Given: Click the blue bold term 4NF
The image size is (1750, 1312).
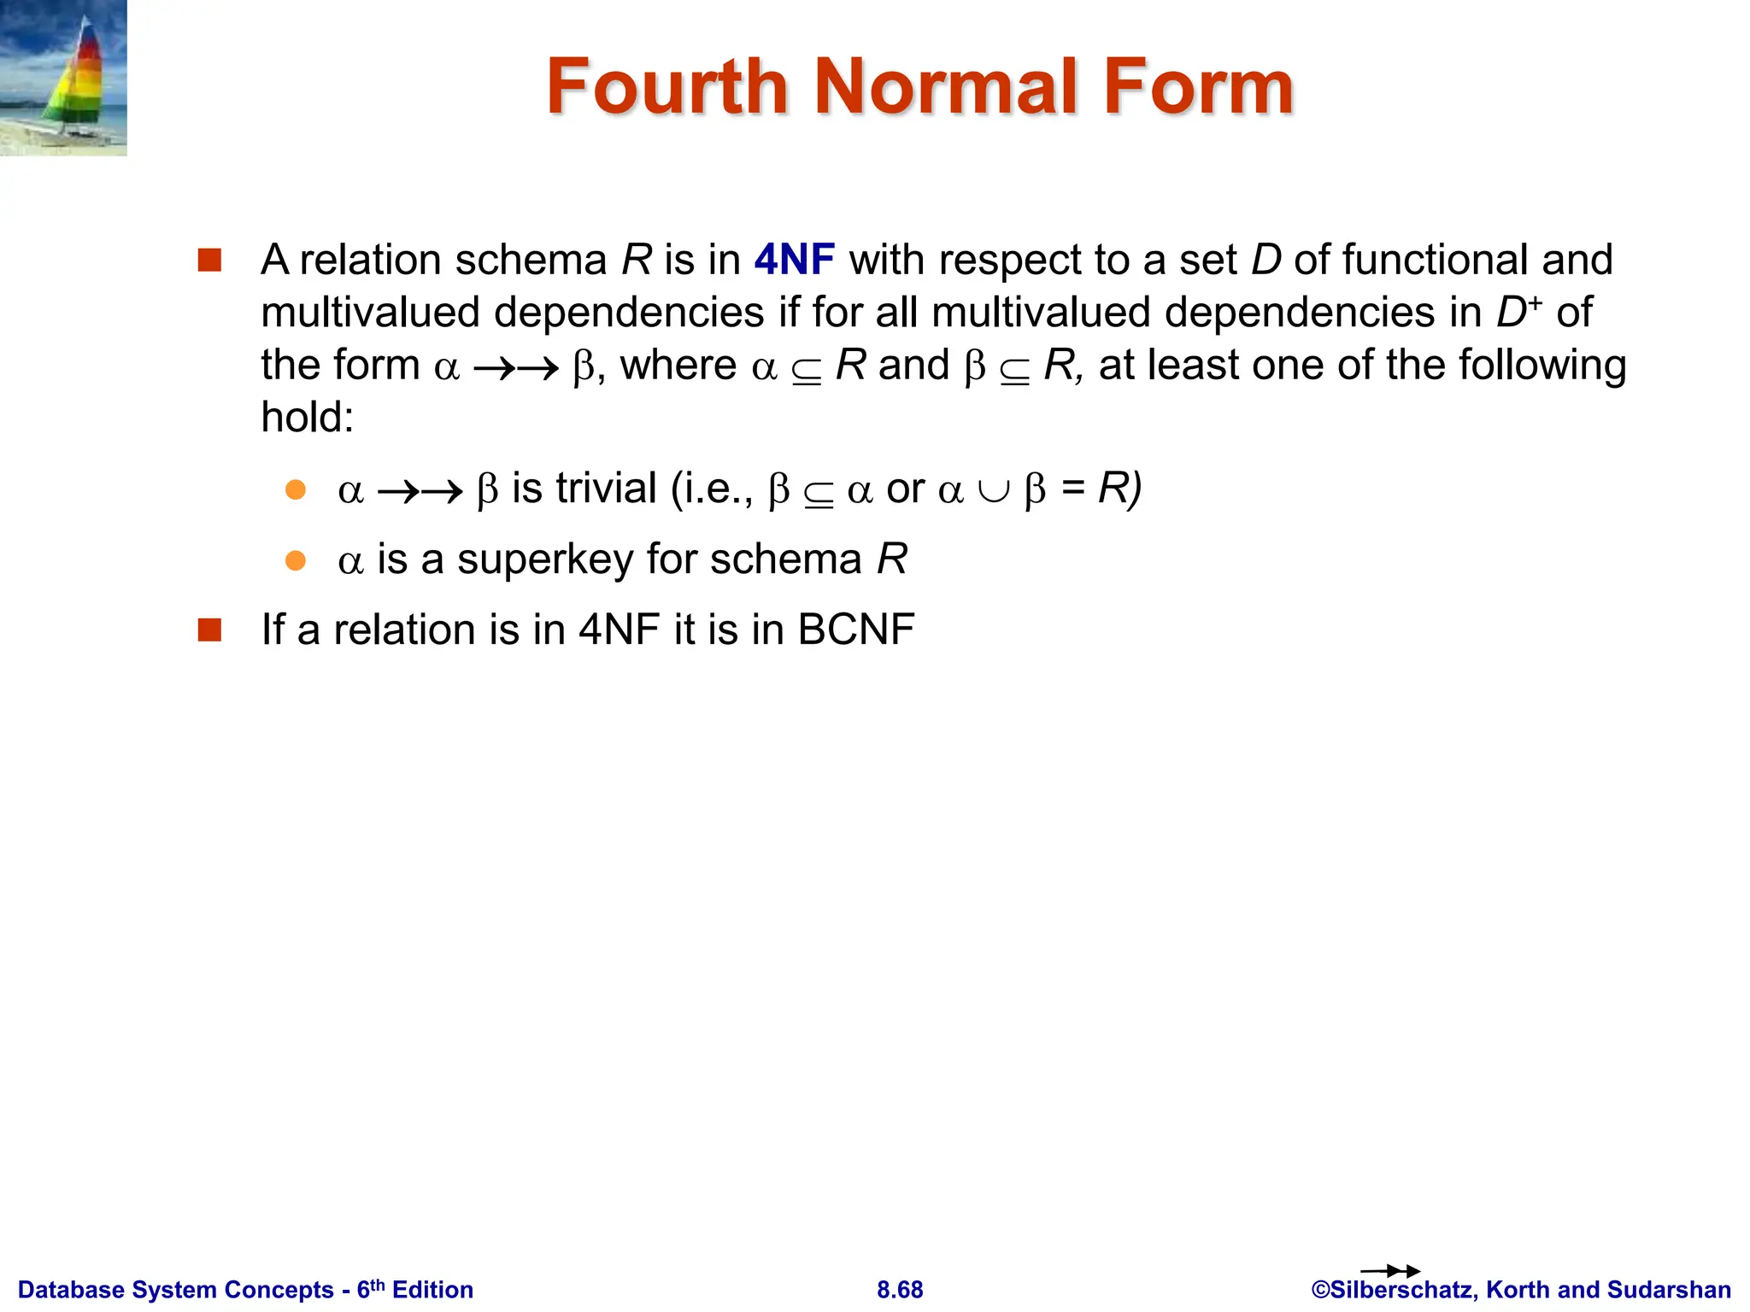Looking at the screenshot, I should coord(794,260).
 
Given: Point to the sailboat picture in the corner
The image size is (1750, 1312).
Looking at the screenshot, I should coord(63,78).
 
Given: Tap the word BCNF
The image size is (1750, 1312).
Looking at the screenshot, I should coord(856,630).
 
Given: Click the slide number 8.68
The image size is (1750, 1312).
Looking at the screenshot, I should coord(900,1290).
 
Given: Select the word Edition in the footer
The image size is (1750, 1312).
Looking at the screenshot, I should coord(432,1290).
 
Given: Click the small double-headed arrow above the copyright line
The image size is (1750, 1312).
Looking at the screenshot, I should coord(1389,1271).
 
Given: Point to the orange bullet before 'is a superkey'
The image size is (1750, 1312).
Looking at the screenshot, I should coord(296,560).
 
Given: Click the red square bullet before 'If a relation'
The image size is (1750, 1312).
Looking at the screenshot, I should coord(209,630).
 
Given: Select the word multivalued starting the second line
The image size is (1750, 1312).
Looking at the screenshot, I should coord(370,313).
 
